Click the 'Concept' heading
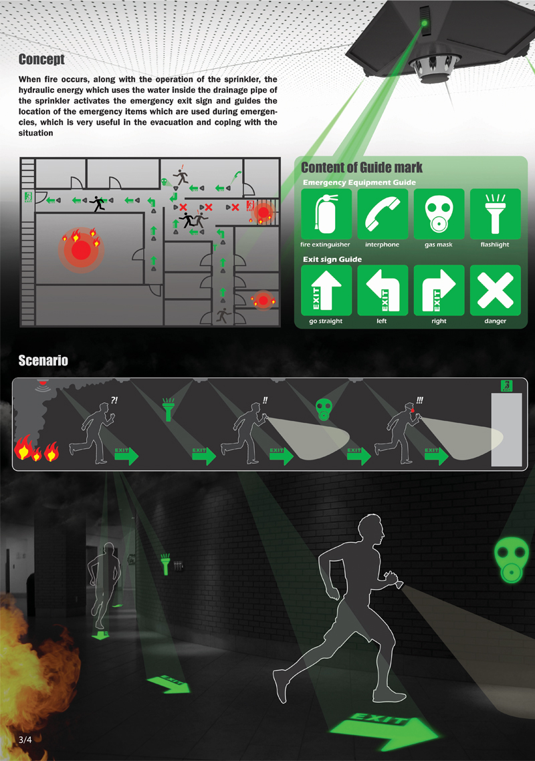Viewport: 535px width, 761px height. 41,59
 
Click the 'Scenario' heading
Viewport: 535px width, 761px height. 43,361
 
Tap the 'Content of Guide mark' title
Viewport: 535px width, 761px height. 362,168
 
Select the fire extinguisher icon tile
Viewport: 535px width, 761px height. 326,214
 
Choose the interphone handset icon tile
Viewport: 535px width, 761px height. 383,214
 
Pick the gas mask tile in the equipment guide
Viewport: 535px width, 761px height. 439,214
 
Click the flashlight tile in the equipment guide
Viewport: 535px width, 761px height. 495,214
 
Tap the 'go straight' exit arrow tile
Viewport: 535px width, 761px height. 326,290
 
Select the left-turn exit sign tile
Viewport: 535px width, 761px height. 383,290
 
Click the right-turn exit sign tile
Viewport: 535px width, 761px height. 439,290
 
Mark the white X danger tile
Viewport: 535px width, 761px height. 495,290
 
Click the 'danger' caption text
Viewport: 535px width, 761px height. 495,321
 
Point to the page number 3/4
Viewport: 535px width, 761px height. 25,740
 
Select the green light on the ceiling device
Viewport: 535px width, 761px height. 424,23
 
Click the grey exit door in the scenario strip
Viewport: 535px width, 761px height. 506,430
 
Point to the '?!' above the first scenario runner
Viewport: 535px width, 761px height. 114,400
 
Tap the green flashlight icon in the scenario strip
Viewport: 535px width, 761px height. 168,410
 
